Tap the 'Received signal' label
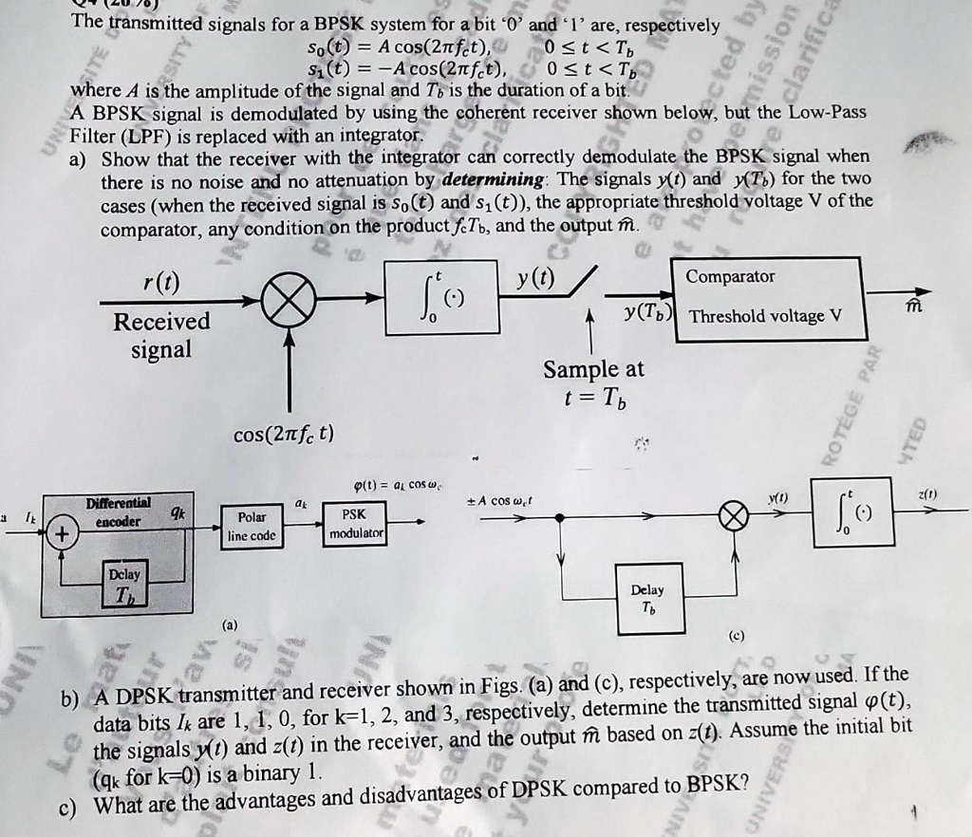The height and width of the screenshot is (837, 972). click(x=160, y=335)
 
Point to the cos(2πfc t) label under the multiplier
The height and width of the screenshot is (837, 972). click(x=283, y=436)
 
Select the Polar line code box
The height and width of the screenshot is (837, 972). click(x=252, y=526)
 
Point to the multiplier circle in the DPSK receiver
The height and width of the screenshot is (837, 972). click(x=733, y=518)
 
